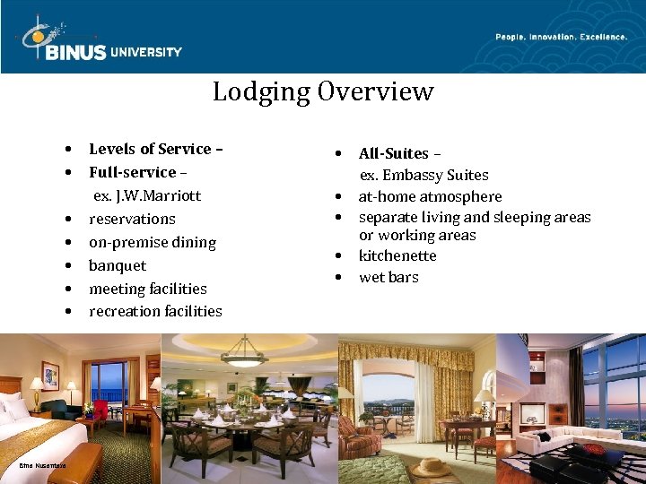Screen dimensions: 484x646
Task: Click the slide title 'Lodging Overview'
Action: coord(323,91)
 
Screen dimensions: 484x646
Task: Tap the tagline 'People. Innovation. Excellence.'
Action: coord(561,37)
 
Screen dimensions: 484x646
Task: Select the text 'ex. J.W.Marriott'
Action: coord(147,195)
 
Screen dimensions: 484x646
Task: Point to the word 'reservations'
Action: coord(132,219)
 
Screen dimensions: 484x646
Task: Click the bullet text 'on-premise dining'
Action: coord(152,242)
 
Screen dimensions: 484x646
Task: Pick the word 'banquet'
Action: coord(117,265)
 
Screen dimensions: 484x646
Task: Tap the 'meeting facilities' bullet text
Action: coord(147,289)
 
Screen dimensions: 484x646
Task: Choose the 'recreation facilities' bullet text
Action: coord(155,311)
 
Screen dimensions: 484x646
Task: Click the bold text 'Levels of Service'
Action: coord(150,149)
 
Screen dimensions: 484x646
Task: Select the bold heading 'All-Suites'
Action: coord(394,153)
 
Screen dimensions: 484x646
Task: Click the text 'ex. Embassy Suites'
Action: coord(424,175)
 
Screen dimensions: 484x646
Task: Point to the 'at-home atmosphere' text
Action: coord(430,196)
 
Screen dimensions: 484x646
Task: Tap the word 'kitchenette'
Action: coord(397,255)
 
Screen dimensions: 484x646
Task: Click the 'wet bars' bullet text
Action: coord(388,277)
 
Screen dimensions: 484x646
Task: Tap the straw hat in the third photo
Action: coord(432,467)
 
